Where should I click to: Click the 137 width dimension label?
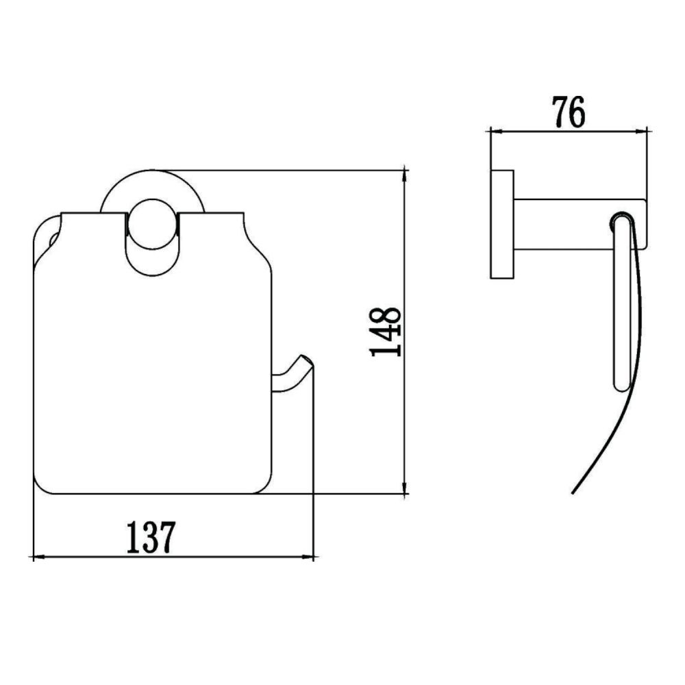click(x=151, y=538)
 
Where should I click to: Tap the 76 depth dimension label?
click(x=568, y=112)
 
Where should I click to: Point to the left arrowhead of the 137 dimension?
click(x=38, y=558)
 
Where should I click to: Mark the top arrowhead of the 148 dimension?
click(x=406, y=173)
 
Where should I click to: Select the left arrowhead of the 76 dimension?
click(x=493, y=129)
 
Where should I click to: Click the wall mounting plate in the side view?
click(x=502, y=223)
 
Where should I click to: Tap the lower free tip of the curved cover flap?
click(x=573, y=492)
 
